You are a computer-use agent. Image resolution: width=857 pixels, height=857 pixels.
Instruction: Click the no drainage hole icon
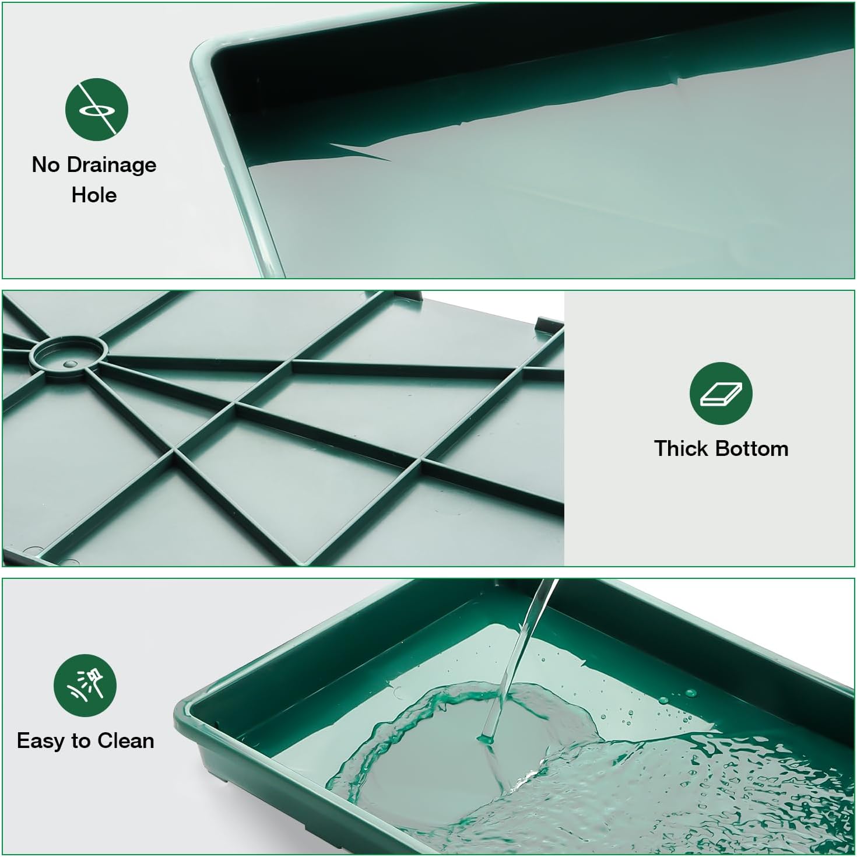coord(97,110)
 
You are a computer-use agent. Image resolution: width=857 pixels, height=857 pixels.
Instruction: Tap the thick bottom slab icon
coord(721,394)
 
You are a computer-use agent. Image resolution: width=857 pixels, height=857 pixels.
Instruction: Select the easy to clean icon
coord(85,686)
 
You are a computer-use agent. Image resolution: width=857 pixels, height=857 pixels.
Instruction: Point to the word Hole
coord(94,195)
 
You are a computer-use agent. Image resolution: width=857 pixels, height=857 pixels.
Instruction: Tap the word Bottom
coord(751,449)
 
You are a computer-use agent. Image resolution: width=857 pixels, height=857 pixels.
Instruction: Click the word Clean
coord(126,741)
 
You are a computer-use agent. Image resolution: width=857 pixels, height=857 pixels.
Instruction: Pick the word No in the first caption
coord(46,164)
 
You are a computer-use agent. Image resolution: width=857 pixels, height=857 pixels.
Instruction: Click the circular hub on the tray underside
coord(68,356)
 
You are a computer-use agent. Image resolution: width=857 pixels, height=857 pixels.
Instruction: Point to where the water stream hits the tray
coord(486,739)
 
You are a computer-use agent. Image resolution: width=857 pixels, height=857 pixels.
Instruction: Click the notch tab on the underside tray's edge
coord(546,325)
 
